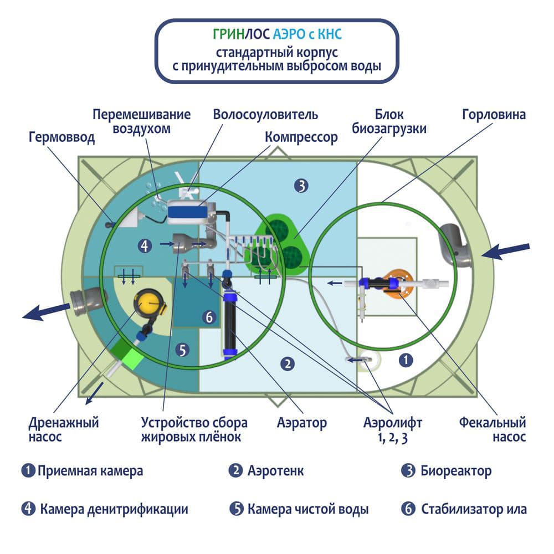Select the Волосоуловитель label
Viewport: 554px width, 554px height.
click(266, 115)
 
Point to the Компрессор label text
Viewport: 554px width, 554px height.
click(301, 137)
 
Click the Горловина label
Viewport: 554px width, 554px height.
click(494, 115)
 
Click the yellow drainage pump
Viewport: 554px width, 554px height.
click(149, 302)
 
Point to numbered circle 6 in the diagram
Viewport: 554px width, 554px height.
click(208, 317)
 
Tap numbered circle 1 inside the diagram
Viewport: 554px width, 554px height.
click(406, 360)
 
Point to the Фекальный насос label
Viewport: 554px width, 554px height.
click(493, 429)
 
